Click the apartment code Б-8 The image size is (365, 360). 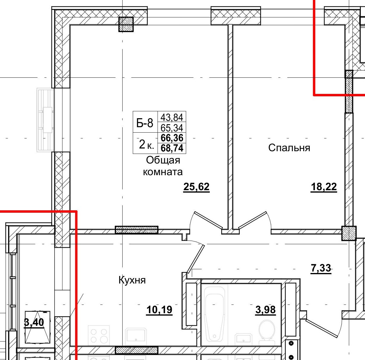(145, 123)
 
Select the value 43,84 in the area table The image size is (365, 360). (172, 117)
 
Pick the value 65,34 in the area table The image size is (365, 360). (172, 128)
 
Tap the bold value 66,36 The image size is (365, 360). (172, 138)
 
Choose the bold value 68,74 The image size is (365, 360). (172, 148)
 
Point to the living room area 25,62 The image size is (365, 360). (196, 187)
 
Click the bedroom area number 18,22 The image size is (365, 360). (324, 187)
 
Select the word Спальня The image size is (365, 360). (289, 148)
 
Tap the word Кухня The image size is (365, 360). (132, 280)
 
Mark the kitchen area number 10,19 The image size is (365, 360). (159, 309)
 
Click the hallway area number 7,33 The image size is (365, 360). (321, 268)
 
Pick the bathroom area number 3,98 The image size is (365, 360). (266, 309)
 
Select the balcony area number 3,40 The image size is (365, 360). (34, 322)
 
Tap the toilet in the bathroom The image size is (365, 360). (266, 331)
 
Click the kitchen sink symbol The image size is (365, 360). (136, 336)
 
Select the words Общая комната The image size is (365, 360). (163, 166)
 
